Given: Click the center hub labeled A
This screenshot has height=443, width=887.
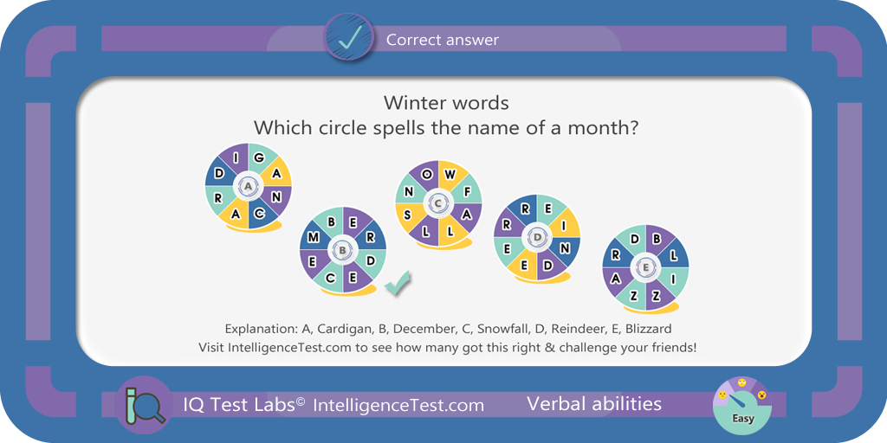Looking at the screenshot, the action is pos(248,187).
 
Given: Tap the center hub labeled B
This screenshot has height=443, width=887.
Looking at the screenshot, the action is pos(343,249).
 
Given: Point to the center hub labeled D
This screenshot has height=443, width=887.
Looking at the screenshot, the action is pos(537,238).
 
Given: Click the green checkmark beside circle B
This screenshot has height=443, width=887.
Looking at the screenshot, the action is pos(398,283).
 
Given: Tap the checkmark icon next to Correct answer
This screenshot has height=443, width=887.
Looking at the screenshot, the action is pos(348,38).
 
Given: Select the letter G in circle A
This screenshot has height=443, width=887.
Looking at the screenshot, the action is pos(258,157).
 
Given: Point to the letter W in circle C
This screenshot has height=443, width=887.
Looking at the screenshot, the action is pos(450,174).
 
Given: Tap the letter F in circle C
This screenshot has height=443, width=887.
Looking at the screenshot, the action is pos(467,192).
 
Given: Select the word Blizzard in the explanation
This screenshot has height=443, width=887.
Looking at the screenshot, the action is pos(651,328).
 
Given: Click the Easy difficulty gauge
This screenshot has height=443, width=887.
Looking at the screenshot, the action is pos(742,405).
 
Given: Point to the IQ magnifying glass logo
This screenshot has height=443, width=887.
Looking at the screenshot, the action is pos(144,405).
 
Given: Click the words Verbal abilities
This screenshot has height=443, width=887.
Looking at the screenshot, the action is pos(594,403).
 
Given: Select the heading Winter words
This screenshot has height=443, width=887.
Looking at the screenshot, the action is pos(446,103).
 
